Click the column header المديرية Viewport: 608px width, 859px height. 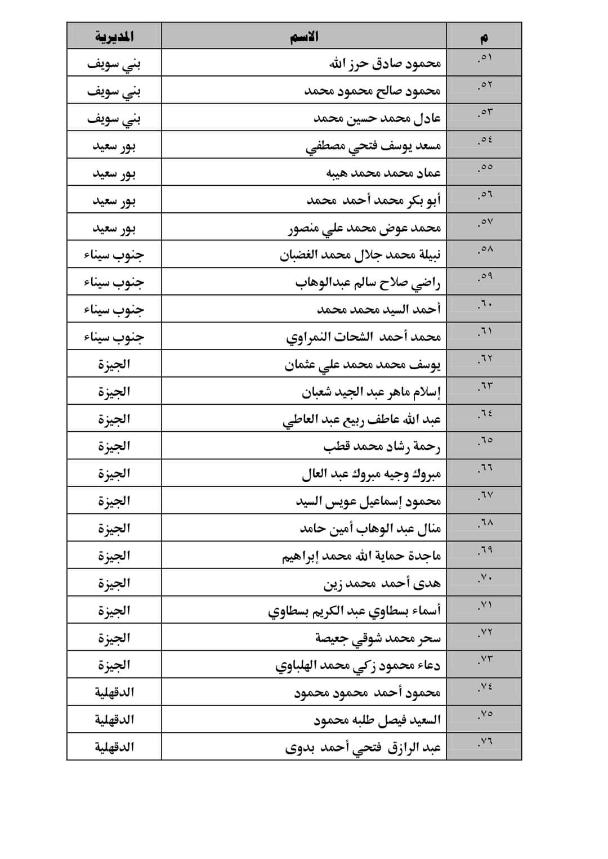point(114,37)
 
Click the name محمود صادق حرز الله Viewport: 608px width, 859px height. point(385,63)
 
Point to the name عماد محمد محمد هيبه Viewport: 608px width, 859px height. point(383,173)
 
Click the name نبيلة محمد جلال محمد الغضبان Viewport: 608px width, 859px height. point(360,255)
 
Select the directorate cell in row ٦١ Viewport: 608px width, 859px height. point(114,337)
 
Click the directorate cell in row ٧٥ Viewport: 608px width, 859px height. point(114,719)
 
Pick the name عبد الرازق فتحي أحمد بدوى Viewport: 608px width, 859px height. point(363,748)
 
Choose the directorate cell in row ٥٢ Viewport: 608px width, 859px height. point(114,91)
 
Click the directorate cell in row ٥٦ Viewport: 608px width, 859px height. point(114,200)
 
